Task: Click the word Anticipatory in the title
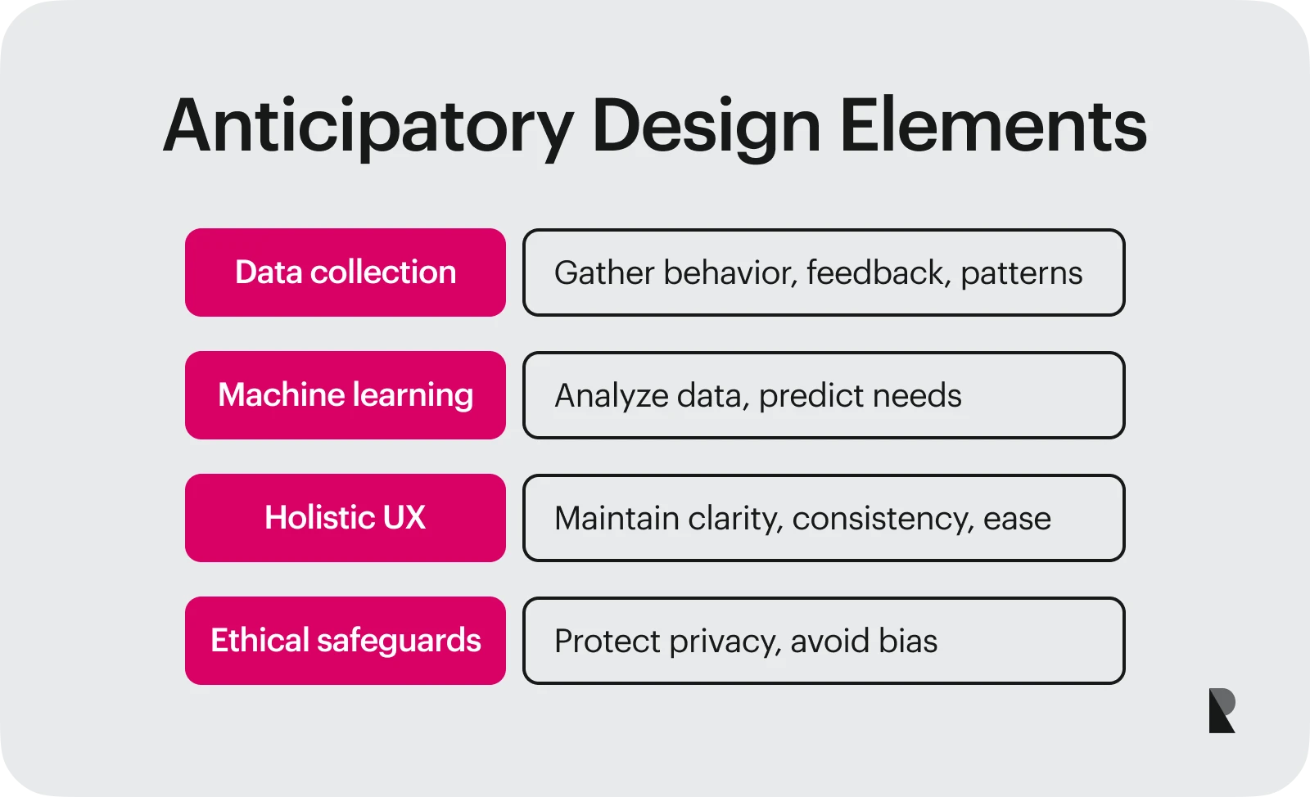[368, 127]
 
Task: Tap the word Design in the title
[706, 127]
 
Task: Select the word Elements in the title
[992, 127]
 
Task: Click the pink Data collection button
[345, 272]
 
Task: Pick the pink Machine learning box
[345, 395]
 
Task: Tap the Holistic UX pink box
[345, 518]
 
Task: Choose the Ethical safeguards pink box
[345, 641]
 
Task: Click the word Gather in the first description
[604, 273]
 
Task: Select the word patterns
[1021, 273]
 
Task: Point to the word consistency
[883, 519]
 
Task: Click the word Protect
[607, 642]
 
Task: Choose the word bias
[907, 642]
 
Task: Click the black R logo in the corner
[1222, 710]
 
